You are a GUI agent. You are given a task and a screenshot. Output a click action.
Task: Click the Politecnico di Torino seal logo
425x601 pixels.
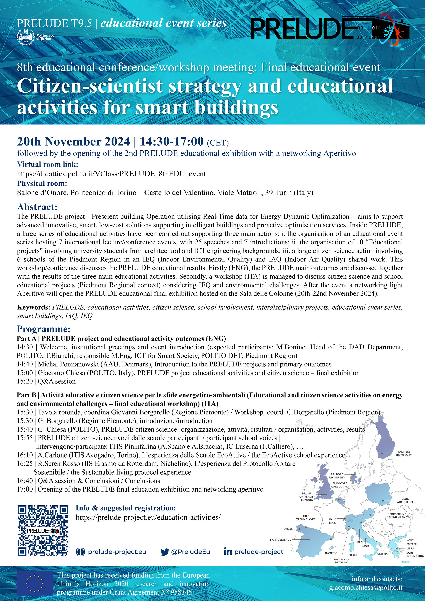26,37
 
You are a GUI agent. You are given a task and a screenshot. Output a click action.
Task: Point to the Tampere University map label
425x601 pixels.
404,453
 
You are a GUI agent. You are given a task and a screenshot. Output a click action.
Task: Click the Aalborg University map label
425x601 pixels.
337,476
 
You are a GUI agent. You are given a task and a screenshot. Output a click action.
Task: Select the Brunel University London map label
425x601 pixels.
307,497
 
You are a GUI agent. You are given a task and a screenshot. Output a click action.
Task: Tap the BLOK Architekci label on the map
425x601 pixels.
405,500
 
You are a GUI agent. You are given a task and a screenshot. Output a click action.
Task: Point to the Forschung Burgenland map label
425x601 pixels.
398,516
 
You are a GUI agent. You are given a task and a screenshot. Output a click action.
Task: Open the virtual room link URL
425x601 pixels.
111,174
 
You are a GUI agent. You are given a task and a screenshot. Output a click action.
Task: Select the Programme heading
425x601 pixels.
44,329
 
